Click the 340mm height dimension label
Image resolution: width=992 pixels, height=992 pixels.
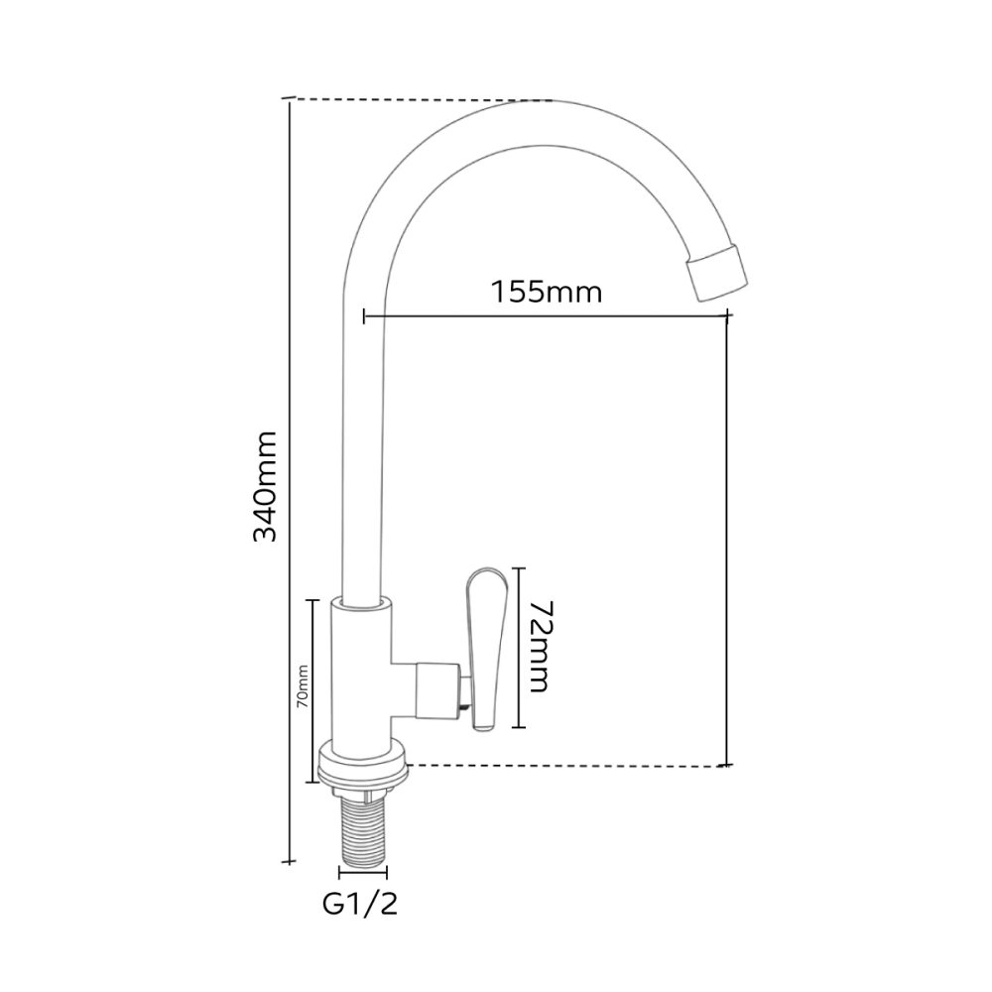(x=265, y=487)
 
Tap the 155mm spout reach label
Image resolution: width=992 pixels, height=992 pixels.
(x=547, y=292)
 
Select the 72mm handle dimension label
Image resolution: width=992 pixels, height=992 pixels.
(x=539, y=646)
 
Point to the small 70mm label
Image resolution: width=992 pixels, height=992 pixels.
(x=303, y=685)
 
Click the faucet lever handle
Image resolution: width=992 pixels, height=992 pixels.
(x=486, y=650)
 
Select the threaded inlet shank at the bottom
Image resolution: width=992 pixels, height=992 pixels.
(x=363, y=832)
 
